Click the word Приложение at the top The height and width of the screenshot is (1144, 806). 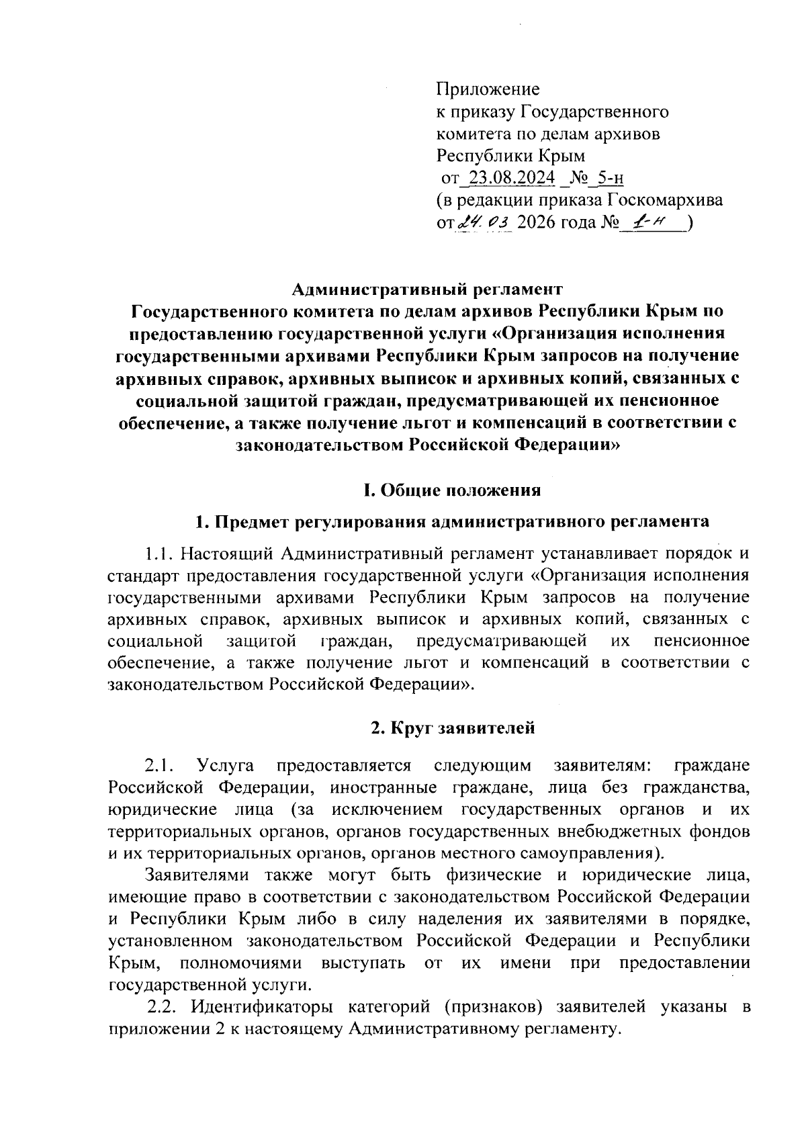pyautogui.click(x=488, y=89)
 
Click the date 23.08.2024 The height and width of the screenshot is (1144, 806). pyautogui.click(x=512, y=177)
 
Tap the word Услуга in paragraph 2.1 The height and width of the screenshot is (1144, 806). pyautogui.click(x=225, y=766)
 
